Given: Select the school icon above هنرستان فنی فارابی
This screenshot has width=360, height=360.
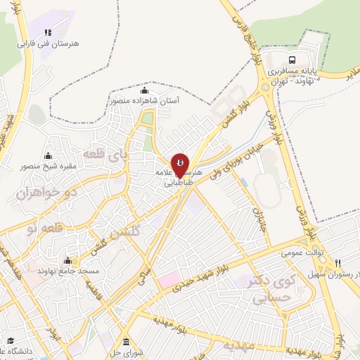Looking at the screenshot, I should point(49,32).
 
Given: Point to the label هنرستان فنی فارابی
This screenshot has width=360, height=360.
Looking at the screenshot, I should point(49,43).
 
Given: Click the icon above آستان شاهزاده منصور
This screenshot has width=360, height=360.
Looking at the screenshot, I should point(145,91).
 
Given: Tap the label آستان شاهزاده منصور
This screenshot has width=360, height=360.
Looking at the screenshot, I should point(145,101).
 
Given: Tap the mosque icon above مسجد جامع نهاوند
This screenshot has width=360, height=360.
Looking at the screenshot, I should point(67,260).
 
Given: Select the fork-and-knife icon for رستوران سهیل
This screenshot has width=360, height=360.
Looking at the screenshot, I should point(337,263).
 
